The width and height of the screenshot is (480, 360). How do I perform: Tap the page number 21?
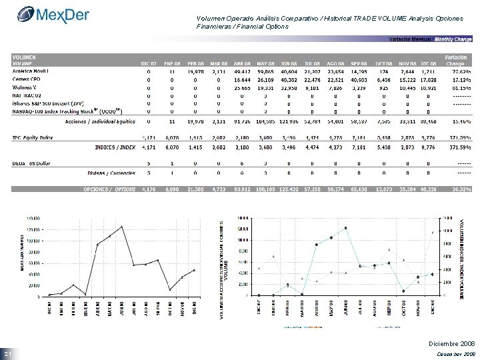point(9,353)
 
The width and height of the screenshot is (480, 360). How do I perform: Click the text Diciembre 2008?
point(453,343)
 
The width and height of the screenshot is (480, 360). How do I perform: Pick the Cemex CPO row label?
point(26,78)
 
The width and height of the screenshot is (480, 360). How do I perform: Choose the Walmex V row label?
point(26,87)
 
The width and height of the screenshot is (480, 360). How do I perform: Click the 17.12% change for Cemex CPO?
point(459,78)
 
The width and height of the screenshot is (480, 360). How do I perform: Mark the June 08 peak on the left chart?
point(122,227)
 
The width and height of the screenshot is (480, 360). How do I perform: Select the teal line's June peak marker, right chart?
point(346,228)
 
